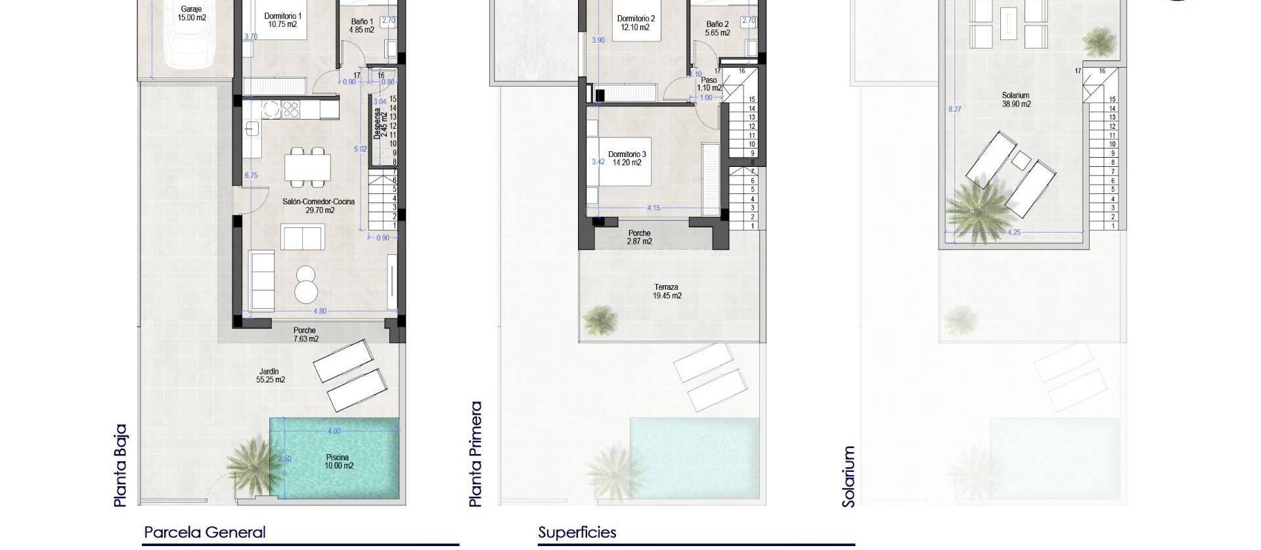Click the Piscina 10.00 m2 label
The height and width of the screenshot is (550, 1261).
tap(339, 461)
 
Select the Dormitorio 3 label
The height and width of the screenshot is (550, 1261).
tap(627, 158)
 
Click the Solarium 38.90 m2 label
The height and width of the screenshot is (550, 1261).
tap(1016, 100)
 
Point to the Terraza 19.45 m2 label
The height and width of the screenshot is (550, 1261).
tap(667, 291)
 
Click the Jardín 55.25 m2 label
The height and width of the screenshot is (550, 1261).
tap(271, 375)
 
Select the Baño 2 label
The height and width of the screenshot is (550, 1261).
tap(717, 28)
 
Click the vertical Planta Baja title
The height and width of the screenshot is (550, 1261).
tap(120, 465)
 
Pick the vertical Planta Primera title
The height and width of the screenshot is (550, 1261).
tap(476, 454)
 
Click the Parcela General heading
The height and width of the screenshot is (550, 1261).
tap(205, 532)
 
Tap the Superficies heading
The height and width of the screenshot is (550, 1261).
tap(577, 532)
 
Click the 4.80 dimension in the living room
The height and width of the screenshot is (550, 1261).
tap(319, 311)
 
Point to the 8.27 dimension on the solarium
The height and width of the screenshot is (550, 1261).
tap(954, 109)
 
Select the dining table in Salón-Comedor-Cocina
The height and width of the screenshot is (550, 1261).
tap(307, 166)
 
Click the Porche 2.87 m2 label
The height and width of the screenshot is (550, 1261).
tap(639, 237)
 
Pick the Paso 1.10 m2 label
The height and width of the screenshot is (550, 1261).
tap(709, 84)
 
